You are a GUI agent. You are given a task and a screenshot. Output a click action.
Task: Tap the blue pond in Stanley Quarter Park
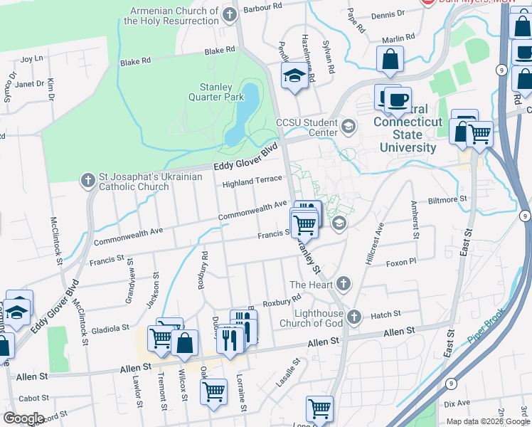(x=242, y=114)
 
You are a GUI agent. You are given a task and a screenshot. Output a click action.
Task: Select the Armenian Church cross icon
(x=229, y=14)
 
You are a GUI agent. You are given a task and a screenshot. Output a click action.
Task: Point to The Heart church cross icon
(x=344, y=285)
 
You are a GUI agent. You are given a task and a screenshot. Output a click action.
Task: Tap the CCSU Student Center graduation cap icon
(x=348, y=127)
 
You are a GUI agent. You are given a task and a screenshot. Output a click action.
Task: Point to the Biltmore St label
(x=447, y=200)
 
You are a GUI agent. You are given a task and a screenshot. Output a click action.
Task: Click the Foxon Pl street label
(x=400, y=263)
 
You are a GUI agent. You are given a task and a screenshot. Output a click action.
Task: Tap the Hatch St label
(x=386, y=313)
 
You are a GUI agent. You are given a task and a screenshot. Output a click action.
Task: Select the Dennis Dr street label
(x=388, y=14)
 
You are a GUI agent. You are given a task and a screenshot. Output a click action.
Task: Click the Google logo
(x=23, y=418)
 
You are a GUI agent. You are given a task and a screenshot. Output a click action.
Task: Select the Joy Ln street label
(x=32, y=58)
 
